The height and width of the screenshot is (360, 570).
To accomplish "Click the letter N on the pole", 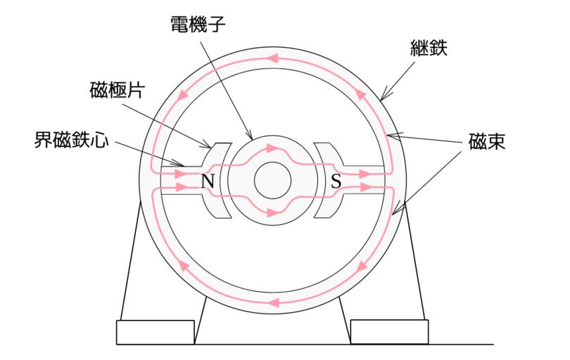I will click(x=208, y=182).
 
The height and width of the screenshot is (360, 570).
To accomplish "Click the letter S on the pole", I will click(x=336, y=182).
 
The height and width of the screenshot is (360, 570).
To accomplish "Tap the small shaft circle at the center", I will click(x=272, y=182).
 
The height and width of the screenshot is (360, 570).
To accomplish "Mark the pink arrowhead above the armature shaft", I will click(x=272, y=149).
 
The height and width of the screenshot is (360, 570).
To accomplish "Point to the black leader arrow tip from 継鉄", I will click(x=381, y=97).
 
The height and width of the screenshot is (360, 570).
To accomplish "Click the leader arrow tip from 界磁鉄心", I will click(x=187, y=166).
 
